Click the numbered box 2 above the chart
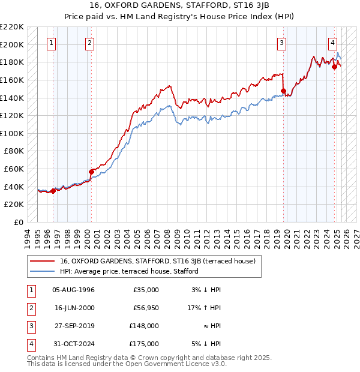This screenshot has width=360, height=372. click(89, 43)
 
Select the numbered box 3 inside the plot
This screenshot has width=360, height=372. click(281, 43)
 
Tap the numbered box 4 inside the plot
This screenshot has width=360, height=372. click(332, 43)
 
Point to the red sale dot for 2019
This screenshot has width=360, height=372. click(283, 91)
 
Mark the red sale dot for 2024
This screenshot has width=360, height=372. click(334, 67)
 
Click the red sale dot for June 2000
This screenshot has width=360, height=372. click(92, 172)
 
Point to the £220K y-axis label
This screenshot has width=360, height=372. click(12, 27)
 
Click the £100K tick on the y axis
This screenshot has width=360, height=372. click(12, 133)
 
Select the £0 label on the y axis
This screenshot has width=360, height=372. click(19, 222)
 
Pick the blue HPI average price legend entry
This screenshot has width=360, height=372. click(129, 271)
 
